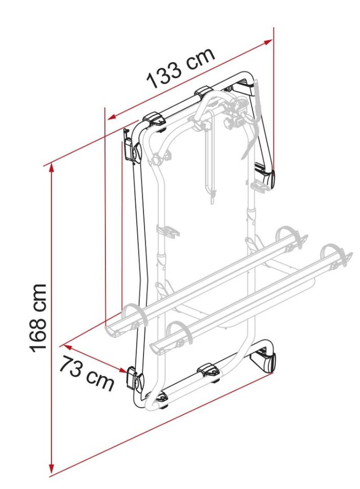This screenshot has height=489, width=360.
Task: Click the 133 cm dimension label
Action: [x=181, y=68]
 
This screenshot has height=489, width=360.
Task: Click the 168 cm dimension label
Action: [x=38, y=318]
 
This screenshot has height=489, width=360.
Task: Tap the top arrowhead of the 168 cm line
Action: [x=51, y=168]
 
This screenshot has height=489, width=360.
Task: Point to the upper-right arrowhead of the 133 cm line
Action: [x=268, y=42]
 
